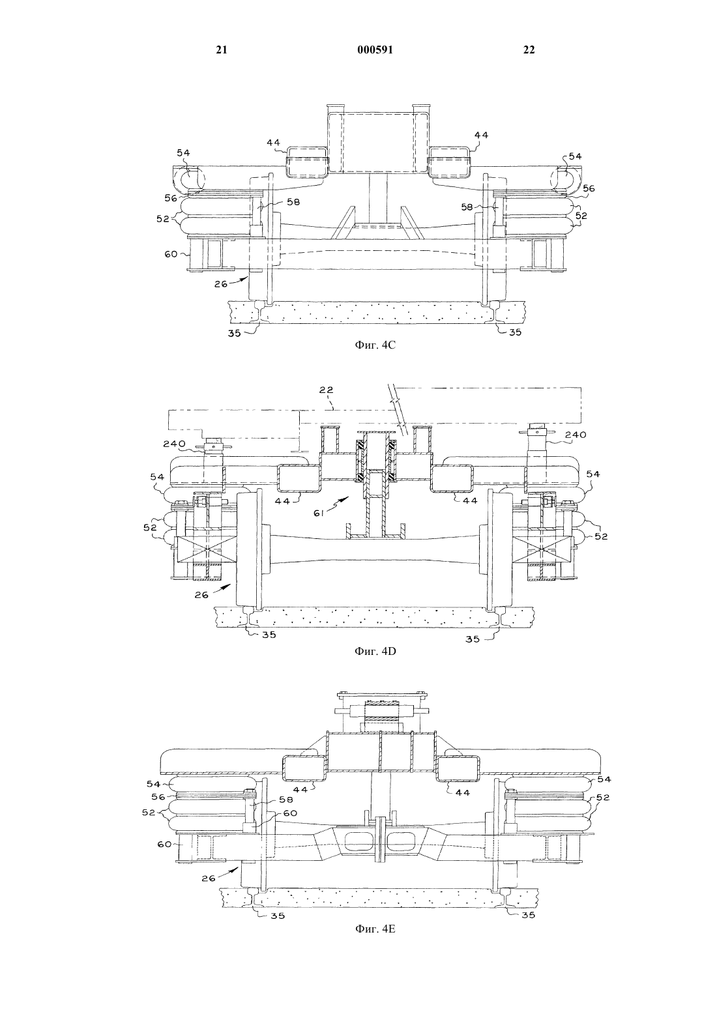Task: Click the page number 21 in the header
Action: [x=221, y=50]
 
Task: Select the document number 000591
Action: [x=375, y=50]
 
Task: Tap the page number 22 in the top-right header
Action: [x=529, y=50]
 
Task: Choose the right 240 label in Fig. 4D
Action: [x=576, y=435]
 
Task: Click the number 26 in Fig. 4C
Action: [x=221, y=284]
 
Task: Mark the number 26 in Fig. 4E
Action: [x=209, y=878]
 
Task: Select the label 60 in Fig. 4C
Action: [x=171, y=254]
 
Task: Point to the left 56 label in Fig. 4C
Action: [x=171, y=198]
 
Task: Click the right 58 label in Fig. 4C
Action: [x=467, y=207]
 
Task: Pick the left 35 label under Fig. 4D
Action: [x=269, y=635]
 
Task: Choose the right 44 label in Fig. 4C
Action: [x=481, y=135]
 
